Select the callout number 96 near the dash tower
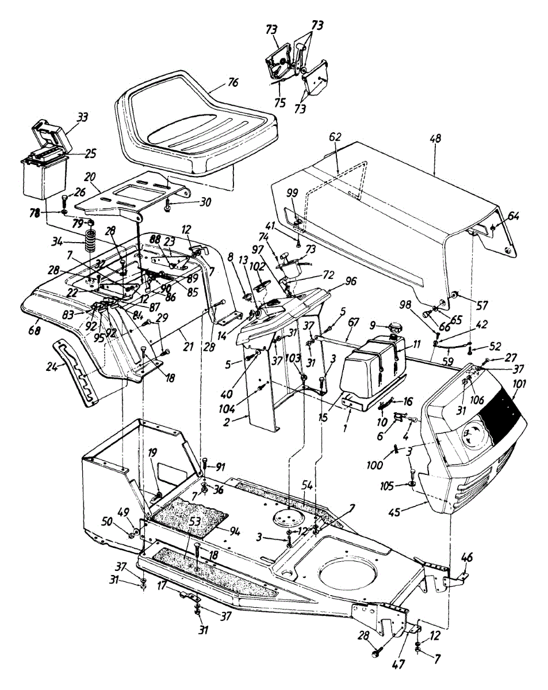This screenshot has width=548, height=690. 350,282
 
